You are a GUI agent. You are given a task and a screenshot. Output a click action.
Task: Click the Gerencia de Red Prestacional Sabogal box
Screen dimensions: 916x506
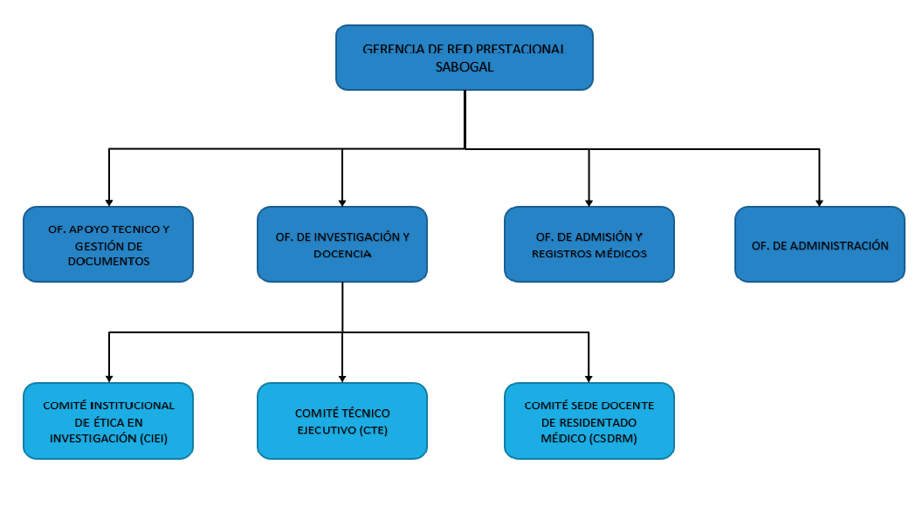click(x=465, y=58)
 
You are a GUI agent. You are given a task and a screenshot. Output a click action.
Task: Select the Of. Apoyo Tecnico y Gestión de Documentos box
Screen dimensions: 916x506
click(x=108, y=244)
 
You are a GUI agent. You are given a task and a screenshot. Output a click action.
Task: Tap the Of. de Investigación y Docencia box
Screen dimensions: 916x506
click(x=342, y=244)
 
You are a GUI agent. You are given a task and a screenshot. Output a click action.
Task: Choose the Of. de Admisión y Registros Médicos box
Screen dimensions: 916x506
click(x=589, y=244)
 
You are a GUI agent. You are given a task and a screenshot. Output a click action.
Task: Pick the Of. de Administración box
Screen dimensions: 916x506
click(x=820, y=244)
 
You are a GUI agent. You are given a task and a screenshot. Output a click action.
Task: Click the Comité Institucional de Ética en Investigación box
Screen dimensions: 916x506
click(x=108, y=421)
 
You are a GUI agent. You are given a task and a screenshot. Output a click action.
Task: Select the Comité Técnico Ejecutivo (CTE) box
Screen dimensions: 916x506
click(x=342, y=421)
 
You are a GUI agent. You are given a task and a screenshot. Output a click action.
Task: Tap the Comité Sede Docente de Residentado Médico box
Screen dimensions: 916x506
click(x=589, y=421)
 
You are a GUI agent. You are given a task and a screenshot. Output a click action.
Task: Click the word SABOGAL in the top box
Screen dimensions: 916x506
click(x=465, y=67)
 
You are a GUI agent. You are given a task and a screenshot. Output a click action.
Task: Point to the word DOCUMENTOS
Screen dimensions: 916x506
click(x=108, y=262)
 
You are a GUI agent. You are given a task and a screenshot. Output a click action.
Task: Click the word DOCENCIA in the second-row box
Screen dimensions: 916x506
click(x=342, y=254)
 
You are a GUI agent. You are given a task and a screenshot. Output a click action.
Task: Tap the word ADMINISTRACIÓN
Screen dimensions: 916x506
click(x=841, y=246)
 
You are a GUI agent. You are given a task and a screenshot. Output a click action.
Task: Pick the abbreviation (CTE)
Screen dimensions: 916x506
click(x=373, y=430)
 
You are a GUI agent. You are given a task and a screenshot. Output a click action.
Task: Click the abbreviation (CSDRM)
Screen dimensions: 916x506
click(x=612, y=438)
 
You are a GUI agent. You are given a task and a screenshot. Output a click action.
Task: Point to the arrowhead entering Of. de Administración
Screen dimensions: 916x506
click(x=820, y=203)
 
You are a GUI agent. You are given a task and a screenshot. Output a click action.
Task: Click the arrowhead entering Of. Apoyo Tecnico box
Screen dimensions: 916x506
click(x=108, y=203)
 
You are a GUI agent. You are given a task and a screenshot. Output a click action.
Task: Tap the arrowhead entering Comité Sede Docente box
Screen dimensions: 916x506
click(x=589, y=379)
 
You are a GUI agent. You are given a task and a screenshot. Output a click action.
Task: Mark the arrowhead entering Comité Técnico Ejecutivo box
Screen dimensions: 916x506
click(x=342, y=379)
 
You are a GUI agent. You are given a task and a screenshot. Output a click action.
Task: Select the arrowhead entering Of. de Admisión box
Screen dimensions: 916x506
click(x=589, y=203)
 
